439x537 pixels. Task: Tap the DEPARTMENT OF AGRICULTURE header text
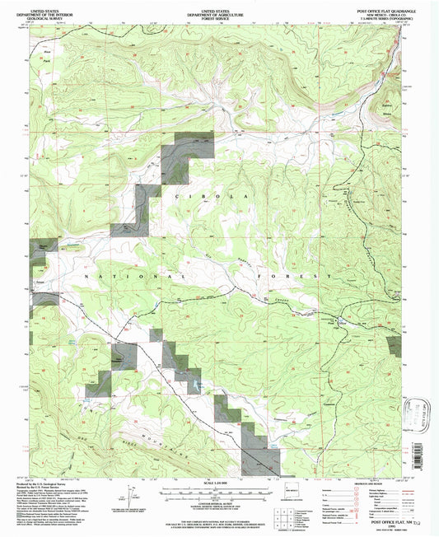(217, 9)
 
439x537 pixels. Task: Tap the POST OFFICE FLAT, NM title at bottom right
(375, 521)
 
